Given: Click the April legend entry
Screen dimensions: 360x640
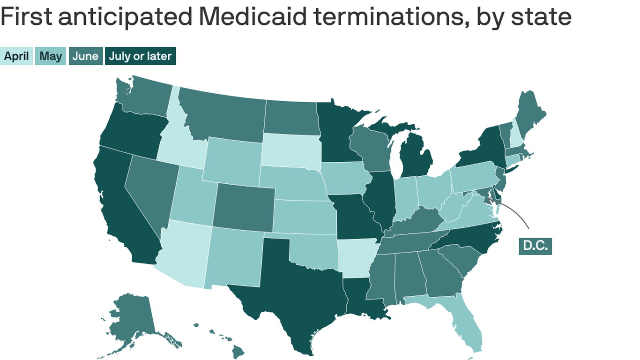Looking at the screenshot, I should coord(16,56).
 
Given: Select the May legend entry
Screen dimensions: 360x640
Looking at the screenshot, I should coord(51,56).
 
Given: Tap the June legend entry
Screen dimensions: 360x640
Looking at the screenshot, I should coord(86,56).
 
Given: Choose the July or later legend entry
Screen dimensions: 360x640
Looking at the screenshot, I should coord(140,56).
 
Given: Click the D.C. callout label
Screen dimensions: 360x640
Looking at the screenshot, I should coord(535,246).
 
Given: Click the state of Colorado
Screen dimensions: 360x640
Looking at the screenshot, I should coord(244,206).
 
